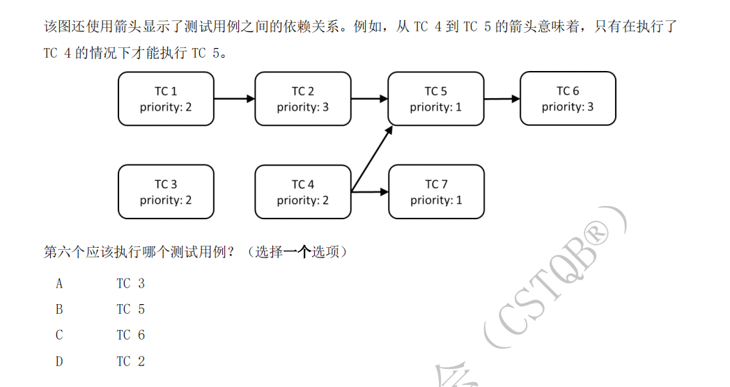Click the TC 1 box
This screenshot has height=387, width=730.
[x=166, y=99]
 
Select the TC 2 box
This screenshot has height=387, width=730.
[x=303, y=99]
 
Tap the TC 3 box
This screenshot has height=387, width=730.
[x=166, y=192]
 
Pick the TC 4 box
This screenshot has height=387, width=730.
[x=303, y=192]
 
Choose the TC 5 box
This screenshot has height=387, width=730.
[x=435, y=99]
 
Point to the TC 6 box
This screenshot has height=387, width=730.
[x=568, y=99]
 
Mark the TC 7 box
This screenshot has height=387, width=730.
[x=436, y=192]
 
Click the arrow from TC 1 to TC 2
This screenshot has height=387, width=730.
[x=234, y=99]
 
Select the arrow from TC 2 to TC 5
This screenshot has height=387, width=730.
[x=369, y=99]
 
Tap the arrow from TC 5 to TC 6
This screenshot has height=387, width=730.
[x=502, y=99]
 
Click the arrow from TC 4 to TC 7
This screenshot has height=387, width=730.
[x=370, y=191]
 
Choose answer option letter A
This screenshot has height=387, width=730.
[x=59, y=283]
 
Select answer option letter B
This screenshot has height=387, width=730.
[x=59, y=309]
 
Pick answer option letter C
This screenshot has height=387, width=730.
[x=59, y=335]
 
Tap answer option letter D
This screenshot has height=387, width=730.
[x=59, y=361]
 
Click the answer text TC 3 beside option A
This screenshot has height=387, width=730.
[x=130, y=283]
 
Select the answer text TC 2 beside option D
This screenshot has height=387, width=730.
[x=130, y=361]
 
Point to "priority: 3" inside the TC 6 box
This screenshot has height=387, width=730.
[x=568, y=107]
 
